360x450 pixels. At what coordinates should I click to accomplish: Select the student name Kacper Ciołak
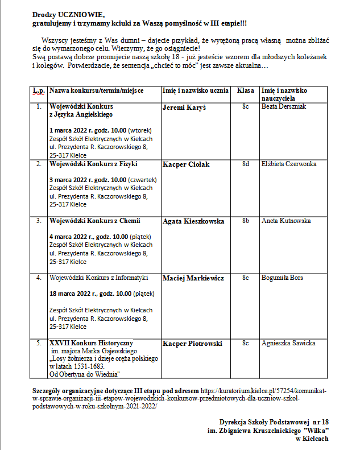click(x=186, y=164)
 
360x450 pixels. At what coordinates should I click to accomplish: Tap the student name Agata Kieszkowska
click(x=193, y=221)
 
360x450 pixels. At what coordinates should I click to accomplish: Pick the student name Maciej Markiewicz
click(x=193, y=278)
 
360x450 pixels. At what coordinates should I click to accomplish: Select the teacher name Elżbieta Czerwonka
click(x=289, y=164)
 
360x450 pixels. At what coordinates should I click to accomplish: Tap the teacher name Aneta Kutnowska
click(x=286, y=221)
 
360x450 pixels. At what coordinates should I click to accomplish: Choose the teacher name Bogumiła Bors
click(x=282, y=278)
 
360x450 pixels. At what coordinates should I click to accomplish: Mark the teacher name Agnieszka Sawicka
click(x=288, y=343)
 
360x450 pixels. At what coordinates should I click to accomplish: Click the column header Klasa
click(x=246, y=90)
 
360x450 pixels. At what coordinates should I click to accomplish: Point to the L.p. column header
click(x=39, y=90)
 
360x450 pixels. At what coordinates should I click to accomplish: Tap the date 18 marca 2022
click(x=74, y=294)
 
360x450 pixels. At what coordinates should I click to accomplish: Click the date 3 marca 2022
click(x=72, y=180)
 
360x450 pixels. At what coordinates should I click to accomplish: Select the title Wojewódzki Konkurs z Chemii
click(x=94, y=221)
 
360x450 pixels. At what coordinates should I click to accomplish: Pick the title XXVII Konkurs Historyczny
click(x=91, y=343)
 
